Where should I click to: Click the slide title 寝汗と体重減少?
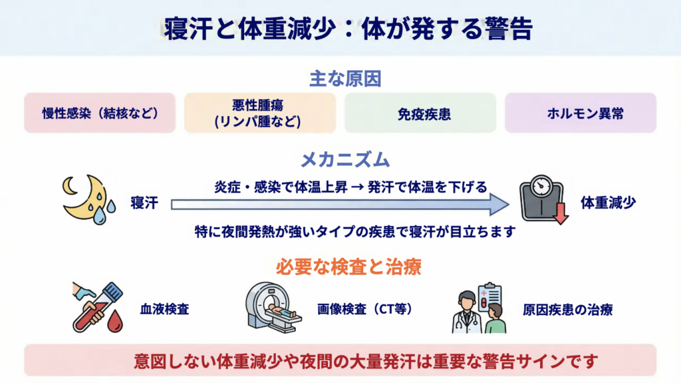340,29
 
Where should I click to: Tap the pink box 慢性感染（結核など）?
100,113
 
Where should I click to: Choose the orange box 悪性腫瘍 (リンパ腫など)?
260,113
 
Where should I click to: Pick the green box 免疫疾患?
420,113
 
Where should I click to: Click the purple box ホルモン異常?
581,113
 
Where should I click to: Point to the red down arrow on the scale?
561,213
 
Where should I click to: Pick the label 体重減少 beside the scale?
608,203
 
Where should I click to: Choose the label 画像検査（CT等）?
365,310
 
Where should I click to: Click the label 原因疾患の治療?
567,310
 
